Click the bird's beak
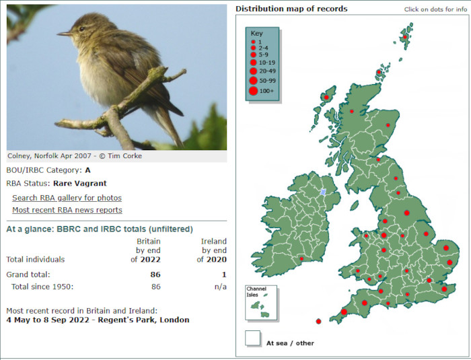[x=64, y=34]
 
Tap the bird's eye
[x=81, y=29]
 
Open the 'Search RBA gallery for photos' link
[x=67, y=198]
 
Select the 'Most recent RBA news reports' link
[x=67, y=210]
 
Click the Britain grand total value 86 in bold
[x=155, y=275]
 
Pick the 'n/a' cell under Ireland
[x=220, y=287]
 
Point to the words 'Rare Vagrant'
[x=80, y=183]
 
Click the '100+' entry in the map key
[x=266, y=91]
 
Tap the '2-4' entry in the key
[x=264, y=48]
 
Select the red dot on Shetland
[x=405, y=37]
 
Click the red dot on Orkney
[x=379, y=72]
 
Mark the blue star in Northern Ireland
[x=323, y=192]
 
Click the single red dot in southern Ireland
[x=301, y=259]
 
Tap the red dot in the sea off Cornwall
[x=318, y=322]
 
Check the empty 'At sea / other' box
[x=252, y=338]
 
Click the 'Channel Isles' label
[x=256, y=292]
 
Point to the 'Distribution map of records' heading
[x=291, y=9]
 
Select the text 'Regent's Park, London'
[x=143, y=320]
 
